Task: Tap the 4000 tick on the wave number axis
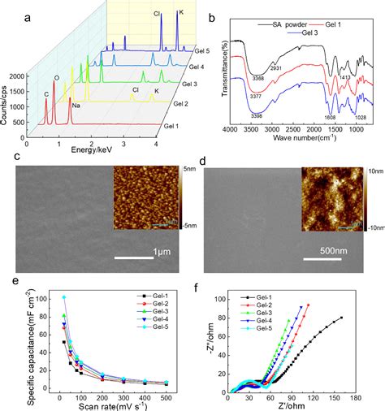pyautogui.click(x=231, y=130)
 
